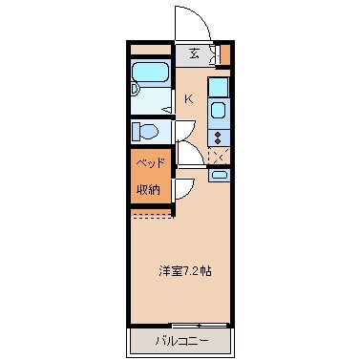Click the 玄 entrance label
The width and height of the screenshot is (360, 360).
[x=194, y=53]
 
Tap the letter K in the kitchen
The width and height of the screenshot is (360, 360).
[x=188, y=97]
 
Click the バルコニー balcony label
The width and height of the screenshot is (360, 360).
[x=180, y=341]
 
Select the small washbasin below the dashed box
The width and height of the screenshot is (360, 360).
[x=219, y=175]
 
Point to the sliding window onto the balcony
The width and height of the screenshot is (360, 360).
[x=200, y=325]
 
